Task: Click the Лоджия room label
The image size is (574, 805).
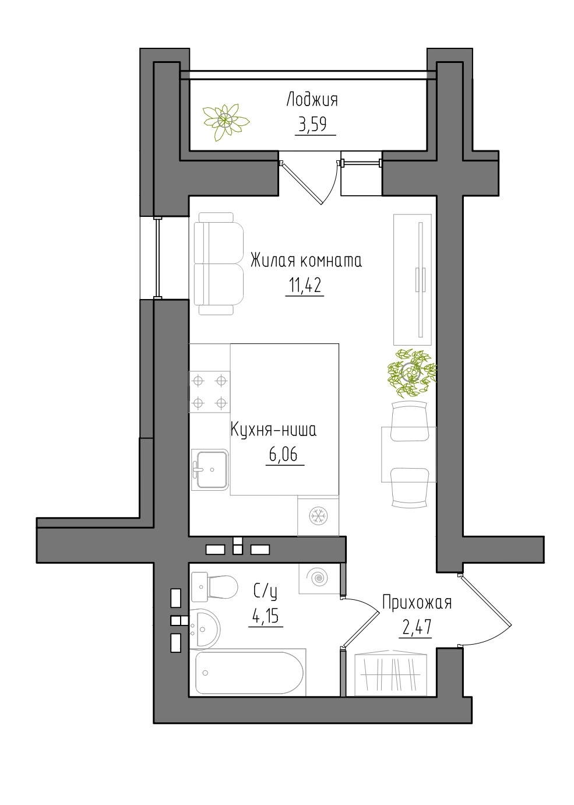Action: [x=312, y=100]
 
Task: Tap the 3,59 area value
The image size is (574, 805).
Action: [x=312, y=125]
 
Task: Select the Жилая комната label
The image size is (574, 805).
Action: [x=306, y=261]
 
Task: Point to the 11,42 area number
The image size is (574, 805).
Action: [x=305, y=286]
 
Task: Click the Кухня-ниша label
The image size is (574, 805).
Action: [x=273, y=430]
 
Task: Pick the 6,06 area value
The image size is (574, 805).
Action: [x=283, y=455]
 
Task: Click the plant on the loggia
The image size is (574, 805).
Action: [x=226, y=121]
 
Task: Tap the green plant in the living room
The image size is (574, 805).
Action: [x=411, y=372]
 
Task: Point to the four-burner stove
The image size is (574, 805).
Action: [x=210, y=391]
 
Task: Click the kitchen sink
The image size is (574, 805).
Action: [x=210, y=469]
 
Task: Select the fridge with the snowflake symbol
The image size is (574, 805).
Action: [x=318, y=516]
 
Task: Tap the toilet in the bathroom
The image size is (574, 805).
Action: [x=214, y=587]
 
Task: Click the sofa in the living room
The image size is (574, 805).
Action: [x=219, y=263]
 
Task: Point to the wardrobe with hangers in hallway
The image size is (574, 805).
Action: [x=390, y=674]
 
